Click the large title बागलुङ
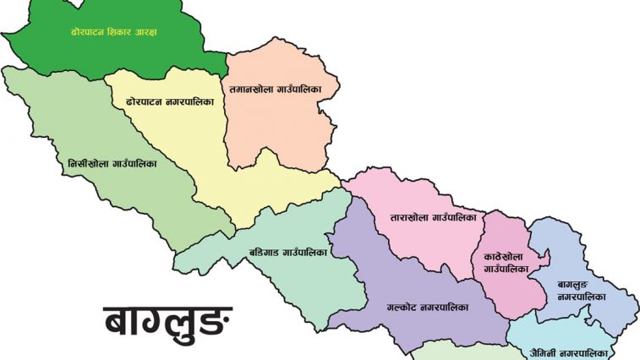pos(167,322)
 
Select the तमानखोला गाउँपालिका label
pos(283,88)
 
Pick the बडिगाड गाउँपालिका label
pos(287,251)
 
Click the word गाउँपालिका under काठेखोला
pos(506,269)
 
